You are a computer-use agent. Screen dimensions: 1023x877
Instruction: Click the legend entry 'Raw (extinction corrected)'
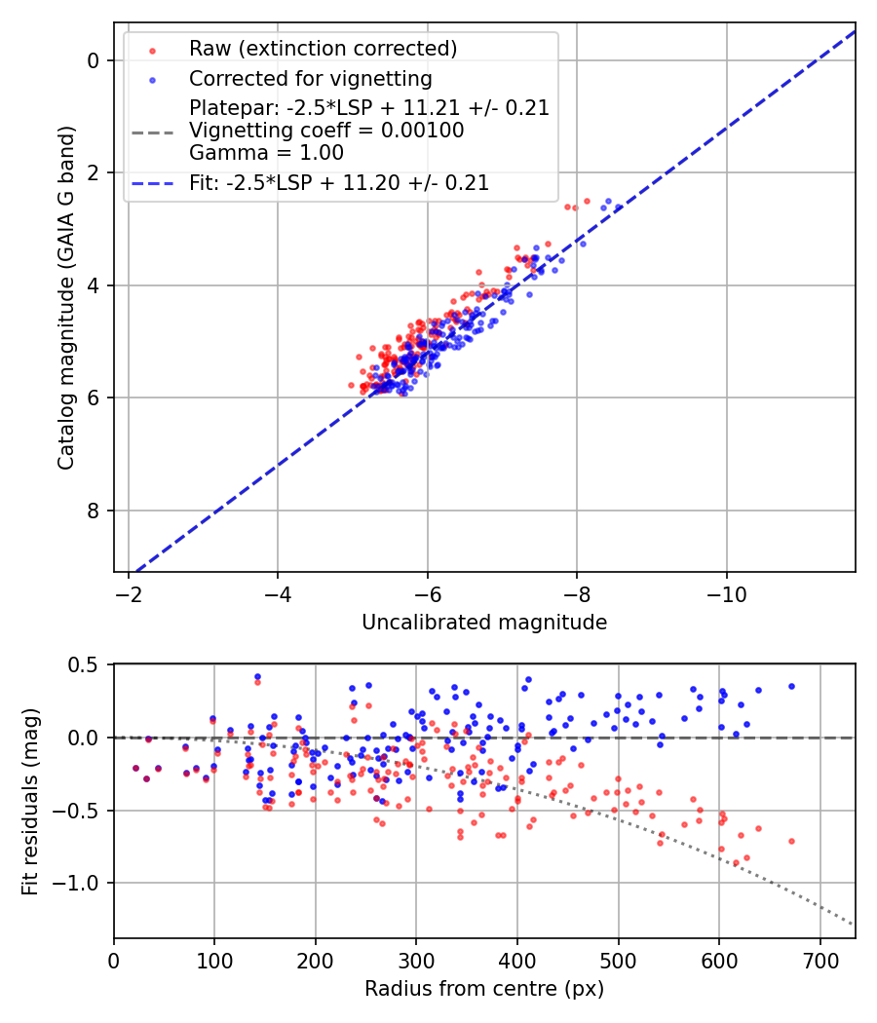click(323, 49)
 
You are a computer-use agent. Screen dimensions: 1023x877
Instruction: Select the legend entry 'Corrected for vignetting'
click(310, 78)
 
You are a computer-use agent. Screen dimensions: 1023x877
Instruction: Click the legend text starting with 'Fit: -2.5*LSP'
click(339, 182)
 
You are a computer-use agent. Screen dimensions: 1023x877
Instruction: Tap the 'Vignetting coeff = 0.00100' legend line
click(326, 131)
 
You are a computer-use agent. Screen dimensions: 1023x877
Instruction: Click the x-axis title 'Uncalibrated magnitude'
click(484, 623)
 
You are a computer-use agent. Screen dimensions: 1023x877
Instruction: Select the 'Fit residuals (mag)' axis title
click(30, 801)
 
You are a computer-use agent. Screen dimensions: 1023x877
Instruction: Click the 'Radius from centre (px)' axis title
click(484, 989)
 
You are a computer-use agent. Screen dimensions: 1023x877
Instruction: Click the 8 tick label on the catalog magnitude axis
click(95, 511)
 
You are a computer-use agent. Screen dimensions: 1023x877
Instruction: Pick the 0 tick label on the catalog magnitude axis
click(95, 60)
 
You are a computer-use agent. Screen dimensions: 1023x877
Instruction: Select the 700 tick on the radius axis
click(820, 960)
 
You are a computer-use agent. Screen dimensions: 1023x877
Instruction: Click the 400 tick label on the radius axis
click(517, 960)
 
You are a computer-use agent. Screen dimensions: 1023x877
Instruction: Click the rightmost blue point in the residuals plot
click(791, 686)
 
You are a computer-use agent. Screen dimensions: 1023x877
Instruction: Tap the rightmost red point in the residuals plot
click(791, 841)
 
